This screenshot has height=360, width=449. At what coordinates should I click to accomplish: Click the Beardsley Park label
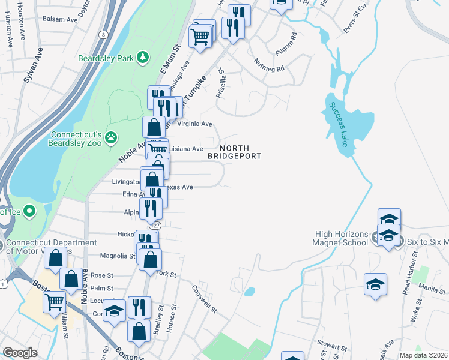[x=104, y=58]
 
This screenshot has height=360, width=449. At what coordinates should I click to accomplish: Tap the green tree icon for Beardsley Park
[x=143, y=58]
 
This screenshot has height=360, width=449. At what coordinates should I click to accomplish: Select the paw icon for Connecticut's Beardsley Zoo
[x=111, y=137]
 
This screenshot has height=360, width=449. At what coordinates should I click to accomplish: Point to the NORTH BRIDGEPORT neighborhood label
[x=235, y=152]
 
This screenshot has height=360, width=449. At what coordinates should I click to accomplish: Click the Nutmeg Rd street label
[x=269, y=65]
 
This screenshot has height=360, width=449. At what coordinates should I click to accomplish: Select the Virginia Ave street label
[x=195, y=124]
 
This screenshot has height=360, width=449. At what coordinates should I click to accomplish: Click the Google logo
[x=20, y=353]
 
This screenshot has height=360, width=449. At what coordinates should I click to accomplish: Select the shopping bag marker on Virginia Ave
[x=154, y=127]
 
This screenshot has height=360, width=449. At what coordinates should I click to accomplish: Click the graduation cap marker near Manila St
[x=376, y=284]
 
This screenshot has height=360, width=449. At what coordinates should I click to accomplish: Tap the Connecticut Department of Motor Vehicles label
[x=50, y=247]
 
